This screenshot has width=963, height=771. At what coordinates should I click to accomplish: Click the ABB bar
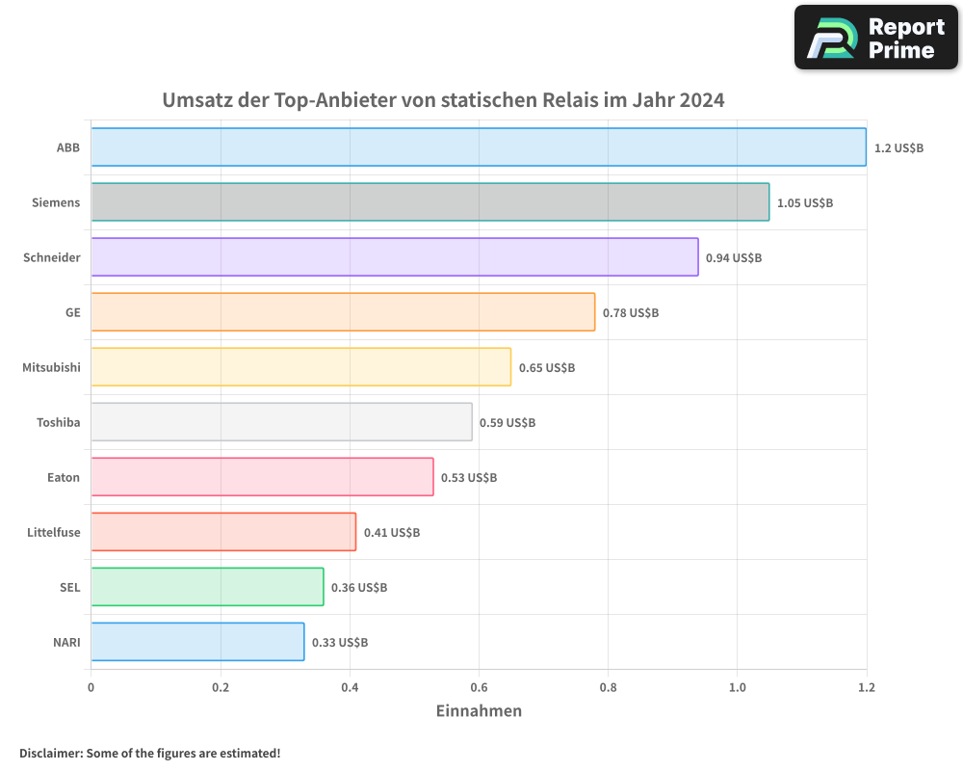[x=479, y=147]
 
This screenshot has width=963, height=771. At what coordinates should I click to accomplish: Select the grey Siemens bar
[x=429, y=202]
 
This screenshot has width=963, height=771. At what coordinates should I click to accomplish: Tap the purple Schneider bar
[x=394, y=257]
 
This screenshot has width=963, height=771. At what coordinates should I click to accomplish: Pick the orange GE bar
[x=343, y=312]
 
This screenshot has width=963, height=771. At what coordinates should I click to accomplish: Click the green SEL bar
[x=207, y=587]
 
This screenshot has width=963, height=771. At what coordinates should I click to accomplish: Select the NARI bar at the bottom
[x=197, y=642]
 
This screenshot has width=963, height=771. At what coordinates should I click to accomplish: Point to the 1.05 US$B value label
[x=804, y=203]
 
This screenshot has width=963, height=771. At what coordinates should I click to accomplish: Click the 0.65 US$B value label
[x=546, y=368]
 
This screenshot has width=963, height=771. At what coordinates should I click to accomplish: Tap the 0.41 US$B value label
[x=391, y=533]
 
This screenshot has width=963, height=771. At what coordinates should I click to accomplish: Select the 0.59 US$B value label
[x=507, y=423]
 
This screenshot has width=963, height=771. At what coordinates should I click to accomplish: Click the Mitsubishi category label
[x=51, y=367]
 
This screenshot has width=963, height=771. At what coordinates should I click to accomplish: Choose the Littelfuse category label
[x=54, y=532]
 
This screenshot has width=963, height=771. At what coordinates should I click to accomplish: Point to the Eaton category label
[x=64, y=477]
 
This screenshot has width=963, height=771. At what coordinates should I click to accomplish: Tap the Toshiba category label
[x=58, y=422]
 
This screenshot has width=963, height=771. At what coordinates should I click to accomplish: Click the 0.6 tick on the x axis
[x=479, y=687]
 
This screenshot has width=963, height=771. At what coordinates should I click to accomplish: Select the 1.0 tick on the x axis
[x=737, y=687]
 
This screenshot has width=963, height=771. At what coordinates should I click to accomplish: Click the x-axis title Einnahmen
[x=479, y=711]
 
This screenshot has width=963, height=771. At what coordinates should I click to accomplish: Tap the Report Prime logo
[x=876, y=38]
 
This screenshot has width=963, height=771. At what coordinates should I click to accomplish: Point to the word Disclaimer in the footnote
[x=50, y=753]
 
